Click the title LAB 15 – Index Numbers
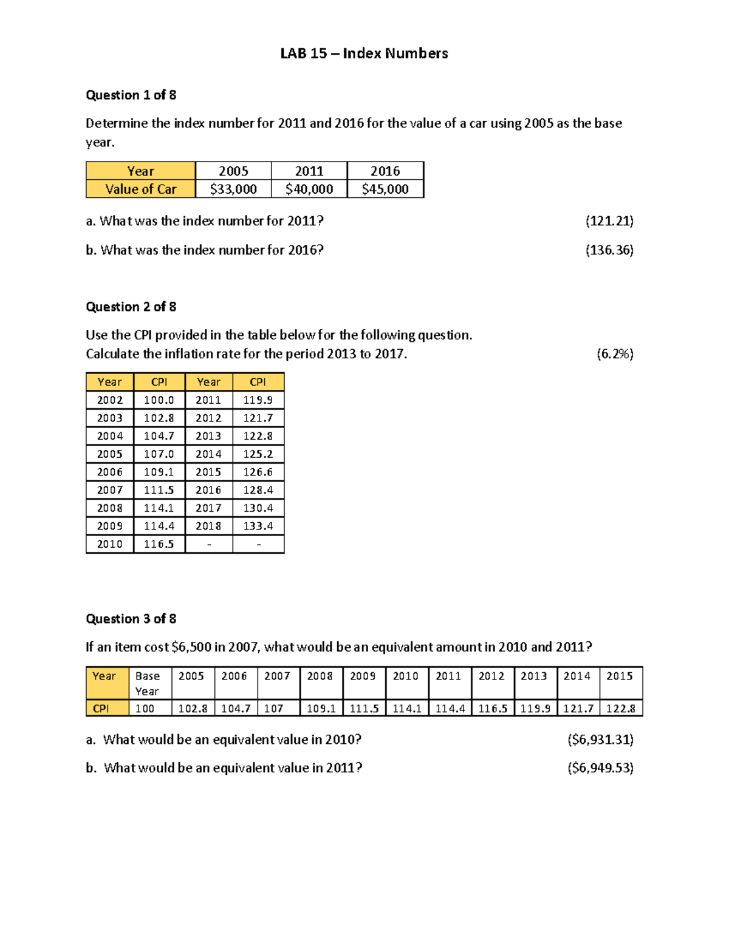pos(364,53)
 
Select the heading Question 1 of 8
pos(131,95)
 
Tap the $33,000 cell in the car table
pos(233,189)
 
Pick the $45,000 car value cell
pos(385,189)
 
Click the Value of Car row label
pos(140,189)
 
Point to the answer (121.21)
pos(609,221)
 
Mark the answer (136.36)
pos(609,250)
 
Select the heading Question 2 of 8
pos(131,307)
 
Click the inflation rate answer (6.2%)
pos(615,354)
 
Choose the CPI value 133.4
pos(258,526)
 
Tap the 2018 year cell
pos(208,526)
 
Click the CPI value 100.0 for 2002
pos(159,400)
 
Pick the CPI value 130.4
pos(258,508)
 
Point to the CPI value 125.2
pos(258,454)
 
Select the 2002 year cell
pos(109,400)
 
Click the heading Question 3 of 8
pos(131,619)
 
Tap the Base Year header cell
pos(148,683)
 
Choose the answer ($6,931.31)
pos(600,740)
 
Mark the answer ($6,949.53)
pos(600,768)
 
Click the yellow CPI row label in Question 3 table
pos(101,709)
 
